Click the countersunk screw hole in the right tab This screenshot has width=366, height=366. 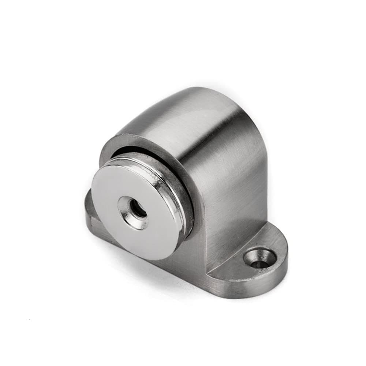tap(260, 258)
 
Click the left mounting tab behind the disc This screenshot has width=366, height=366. tap(91, 212)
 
